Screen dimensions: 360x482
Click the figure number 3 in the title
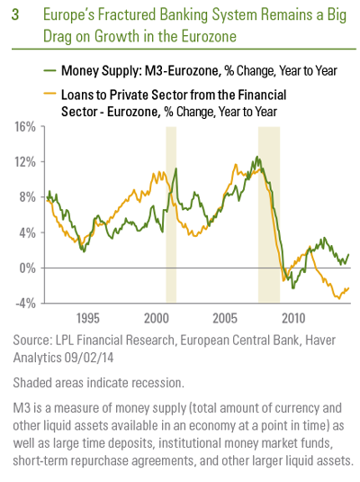click(x=15, y=14)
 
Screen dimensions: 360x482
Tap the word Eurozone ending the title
click(x=209, y=36)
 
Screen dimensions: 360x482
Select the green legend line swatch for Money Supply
click(x=49, y=70)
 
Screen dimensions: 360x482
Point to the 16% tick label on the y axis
click(x=25, y=127)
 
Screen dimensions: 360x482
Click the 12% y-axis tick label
click(x=25, y=162)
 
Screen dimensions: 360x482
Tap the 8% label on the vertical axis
click(x=28, y=197)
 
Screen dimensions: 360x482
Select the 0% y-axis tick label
click(x=28, y=268)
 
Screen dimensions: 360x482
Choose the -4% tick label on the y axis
click(x=25, y=304)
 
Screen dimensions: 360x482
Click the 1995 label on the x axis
click(x=88, y=318)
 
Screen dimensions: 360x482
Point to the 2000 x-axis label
click(x=157, y=318)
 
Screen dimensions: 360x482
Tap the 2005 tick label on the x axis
click(x=225, y=318)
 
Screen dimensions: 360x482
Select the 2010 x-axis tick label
click(x=293, y=318)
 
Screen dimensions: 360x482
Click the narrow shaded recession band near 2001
click(x=171, y=214)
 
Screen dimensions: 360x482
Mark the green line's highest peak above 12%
click(x=257, y=157)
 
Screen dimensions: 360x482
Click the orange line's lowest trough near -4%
click(x=338, y=298)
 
